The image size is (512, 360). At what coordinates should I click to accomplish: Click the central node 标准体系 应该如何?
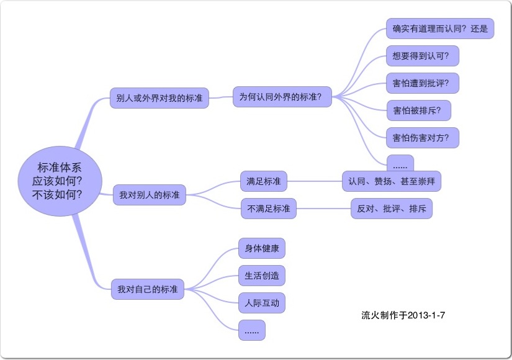[x=60, y=181]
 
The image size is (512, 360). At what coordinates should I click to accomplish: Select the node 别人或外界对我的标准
[x=159, y=97]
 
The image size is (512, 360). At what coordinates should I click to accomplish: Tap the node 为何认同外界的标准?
[x=282, y=97]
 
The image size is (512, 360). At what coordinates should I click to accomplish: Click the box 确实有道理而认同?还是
[x=439, y=29]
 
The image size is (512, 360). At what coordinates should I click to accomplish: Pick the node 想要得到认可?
[x=422, y=56]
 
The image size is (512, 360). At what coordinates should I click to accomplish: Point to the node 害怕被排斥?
[x=418, y=110]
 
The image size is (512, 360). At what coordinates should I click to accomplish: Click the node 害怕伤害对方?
[x=422, y=137]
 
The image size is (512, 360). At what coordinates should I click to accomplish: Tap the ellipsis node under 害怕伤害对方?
[x=400, y=164]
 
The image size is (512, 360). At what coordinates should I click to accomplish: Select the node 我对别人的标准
[x=149, y=195]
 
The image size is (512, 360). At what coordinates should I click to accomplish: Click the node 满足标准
[x=263, y=182]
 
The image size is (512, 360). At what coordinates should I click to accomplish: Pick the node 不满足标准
[x=269, y=209]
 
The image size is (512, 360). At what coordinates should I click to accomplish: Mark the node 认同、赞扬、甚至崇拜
[x=391, y=181]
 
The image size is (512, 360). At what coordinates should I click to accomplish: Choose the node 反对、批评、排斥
[x=391, y=209]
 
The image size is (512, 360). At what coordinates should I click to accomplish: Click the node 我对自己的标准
[x=147, y=289]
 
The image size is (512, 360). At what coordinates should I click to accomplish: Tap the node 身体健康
[x=262, y=249]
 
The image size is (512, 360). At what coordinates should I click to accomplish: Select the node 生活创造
[x=262, y=276]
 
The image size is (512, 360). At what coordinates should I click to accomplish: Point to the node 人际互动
[x=262, y=303]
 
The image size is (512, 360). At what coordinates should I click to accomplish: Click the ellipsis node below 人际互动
[x=251, y=330]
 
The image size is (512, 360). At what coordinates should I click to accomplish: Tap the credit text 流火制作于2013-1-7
[x=403, y=315]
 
